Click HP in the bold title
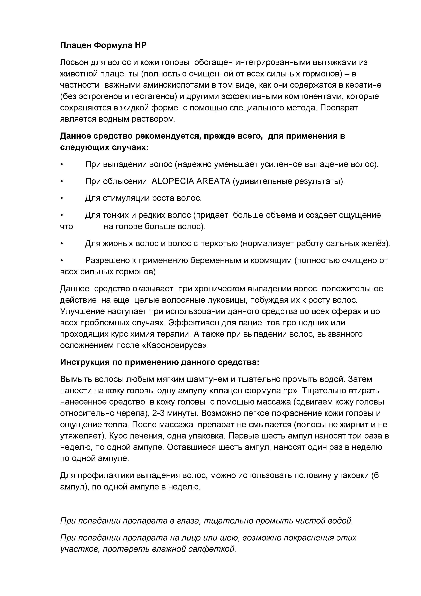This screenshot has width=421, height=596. point(140,45)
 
